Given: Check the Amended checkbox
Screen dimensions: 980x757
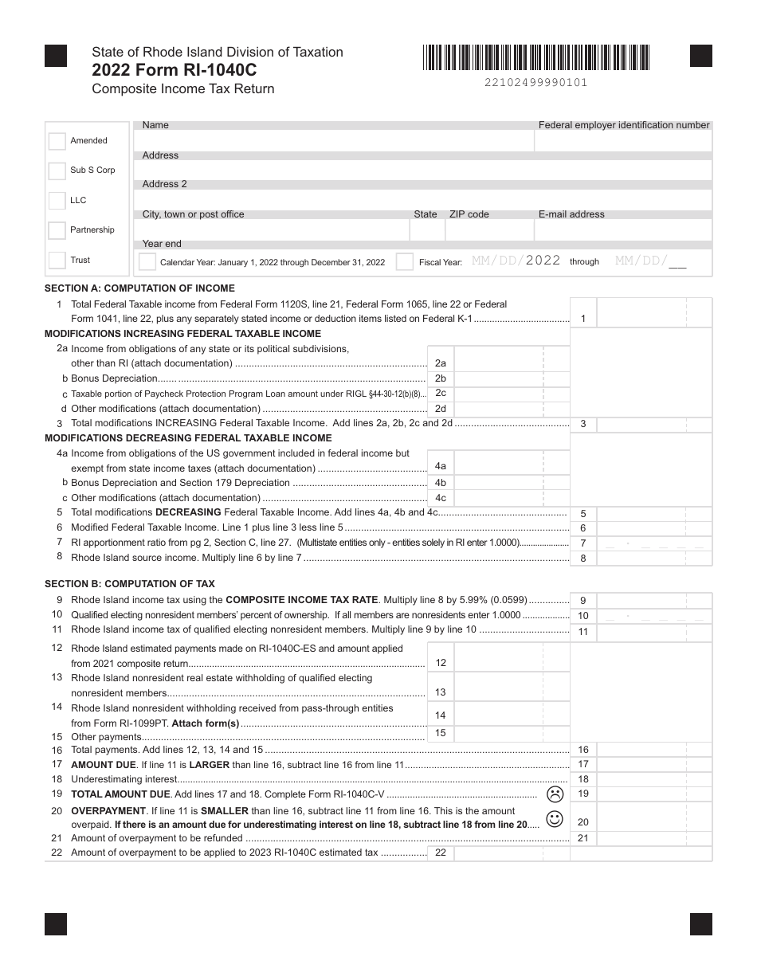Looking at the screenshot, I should pyautogui.click(x=57, y=141).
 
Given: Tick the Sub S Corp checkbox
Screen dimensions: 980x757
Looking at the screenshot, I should pyautogui.click(x=57, y=171).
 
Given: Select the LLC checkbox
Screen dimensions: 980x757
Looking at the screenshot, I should pyautogui.click(x=57, y=201).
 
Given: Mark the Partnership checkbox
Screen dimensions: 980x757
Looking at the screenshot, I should pyautogui.click(x=57, y=230).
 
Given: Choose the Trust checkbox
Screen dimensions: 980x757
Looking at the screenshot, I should pyautogui.click(x=57, y=261).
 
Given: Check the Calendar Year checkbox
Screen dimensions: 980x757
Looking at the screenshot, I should pyautogui.click(x=147, y=262).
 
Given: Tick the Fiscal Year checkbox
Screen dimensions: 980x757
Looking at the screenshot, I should pyautogui.click(x=405, y=262).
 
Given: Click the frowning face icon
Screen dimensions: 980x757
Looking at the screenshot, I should pyautogui.click(x=555, y=794).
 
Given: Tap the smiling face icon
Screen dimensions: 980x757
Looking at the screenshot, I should pyautogui.click(x=555, y=818).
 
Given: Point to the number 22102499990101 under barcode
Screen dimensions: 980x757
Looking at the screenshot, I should pyautogui.click(x=535, y=83).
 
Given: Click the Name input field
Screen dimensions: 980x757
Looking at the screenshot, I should pyautogui.click(x=335, y=141).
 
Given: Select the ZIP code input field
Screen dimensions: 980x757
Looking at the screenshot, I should pyautogui.click(x=488, y=231).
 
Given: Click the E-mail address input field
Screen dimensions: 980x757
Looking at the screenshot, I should pyautogui.click(x=622, y=231).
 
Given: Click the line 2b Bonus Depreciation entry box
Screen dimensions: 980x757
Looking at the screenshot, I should pyautogui.click(x=498, y=378).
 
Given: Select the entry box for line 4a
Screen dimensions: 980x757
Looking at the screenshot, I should pyautogui.click(x=498, y=466).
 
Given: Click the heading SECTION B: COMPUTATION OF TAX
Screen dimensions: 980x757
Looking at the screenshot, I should pyautogui.click(x=130, y=584).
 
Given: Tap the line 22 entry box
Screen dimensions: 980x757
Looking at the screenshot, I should pyautogui.click(x=498, y=853).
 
